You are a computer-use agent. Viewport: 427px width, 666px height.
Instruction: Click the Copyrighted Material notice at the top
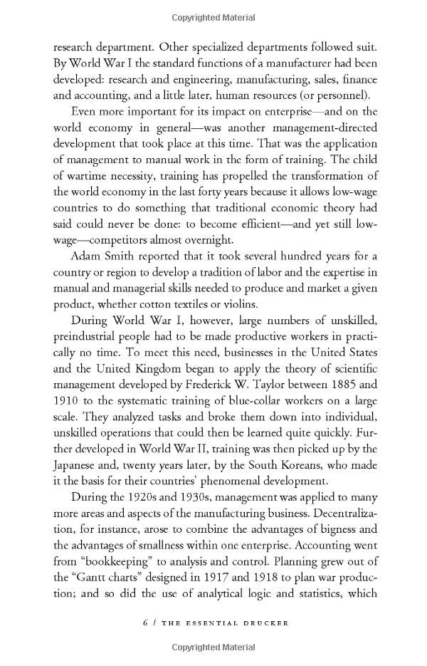[x=213, y=15]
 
